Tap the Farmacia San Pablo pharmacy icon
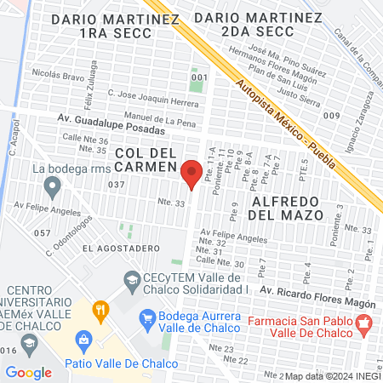coord(364,323)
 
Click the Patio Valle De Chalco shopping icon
coord(83,342)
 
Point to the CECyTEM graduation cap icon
coord(132,278)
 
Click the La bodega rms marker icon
coord(24,169)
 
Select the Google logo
coord(28,372)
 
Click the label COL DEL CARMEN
coord(145,158)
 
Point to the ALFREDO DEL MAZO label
coord(287,208)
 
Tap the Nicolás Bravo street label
coord(56,74)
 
